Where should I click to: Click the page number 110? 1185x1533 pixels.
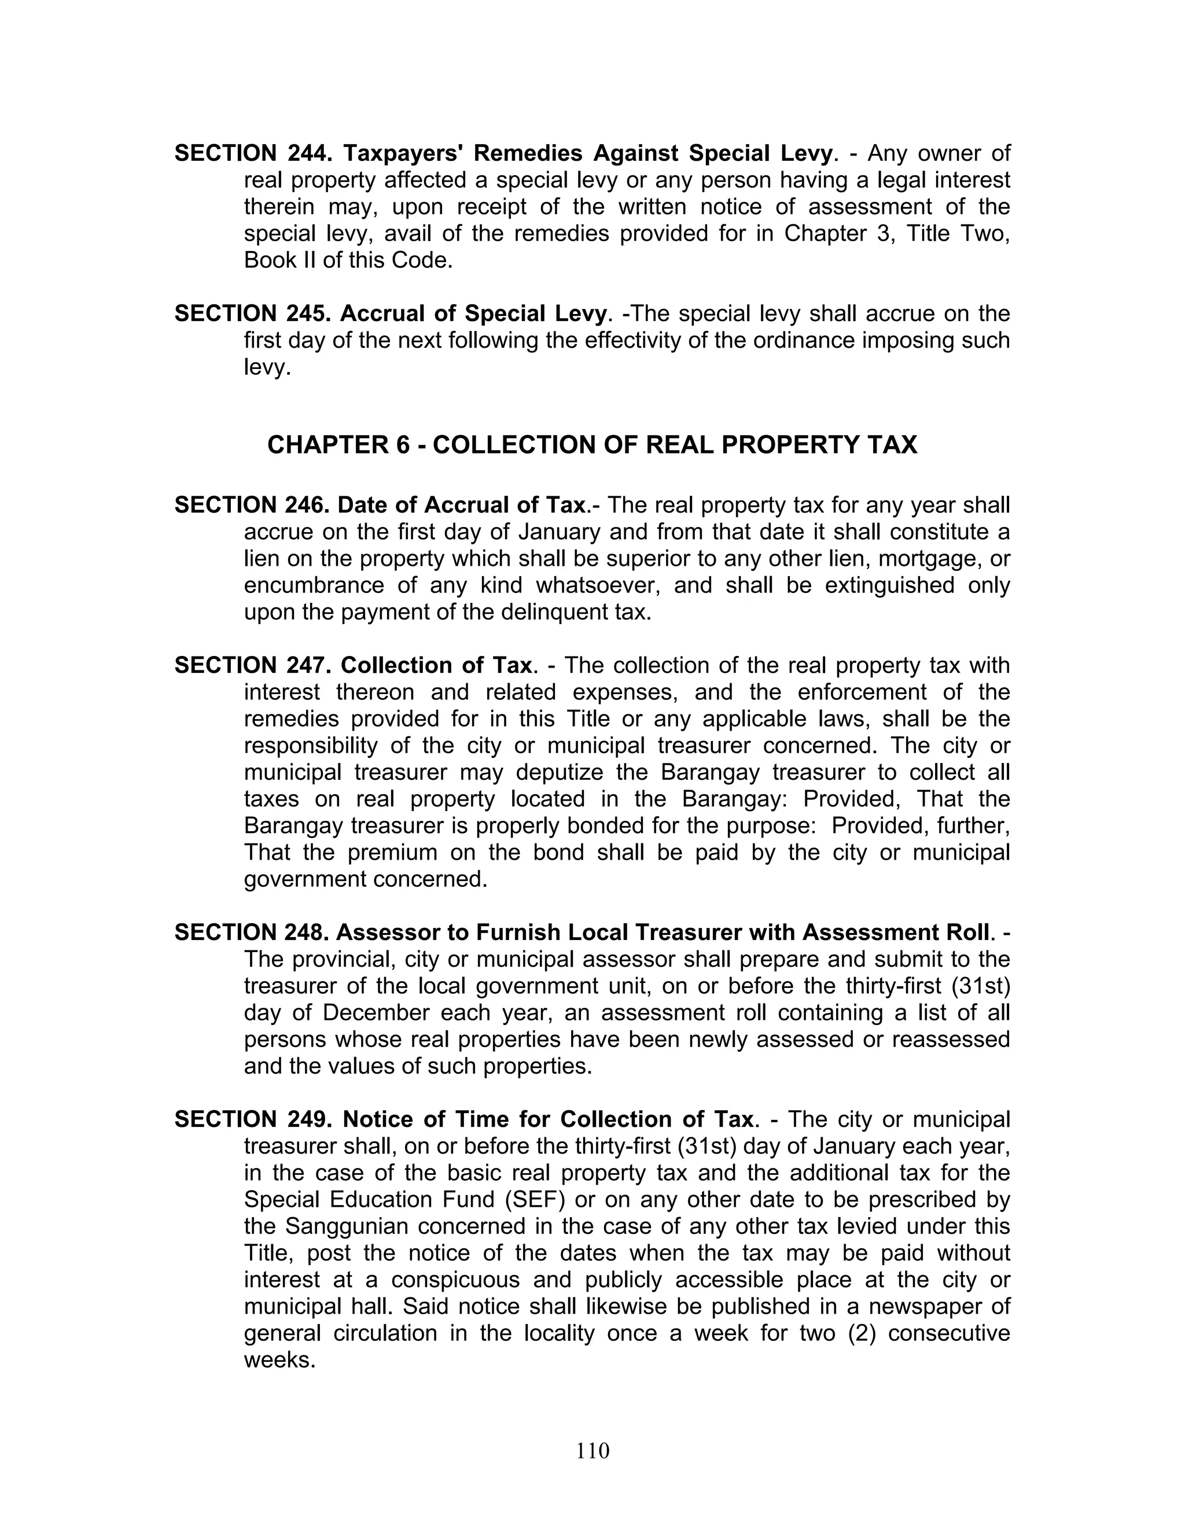(x=592, y=1451)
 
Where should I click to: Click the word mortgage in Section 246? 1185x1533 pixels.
(x=928, y=559)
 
